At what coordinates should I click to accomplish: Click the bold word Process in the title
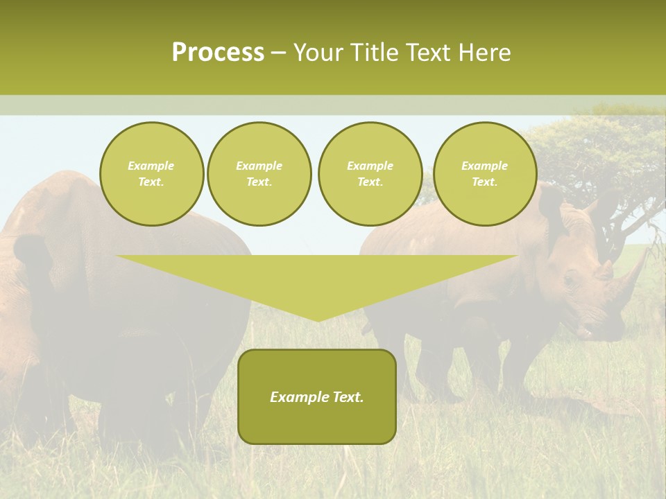218,53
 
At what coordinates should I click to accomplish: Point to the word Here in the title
484,53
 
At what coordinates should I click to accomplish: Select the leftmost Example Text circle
151,174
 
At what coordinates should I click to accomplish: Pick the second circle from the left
259,174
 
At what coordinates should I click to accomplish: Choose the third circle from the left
370,174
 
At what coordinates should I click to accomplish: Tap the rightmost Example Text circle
484,174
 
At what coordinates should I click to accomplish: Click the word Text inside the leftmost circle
151,182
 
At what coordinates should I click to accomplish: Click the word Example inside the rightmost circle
484,166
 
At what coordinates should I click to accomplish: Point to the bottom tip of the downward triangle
318,319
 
